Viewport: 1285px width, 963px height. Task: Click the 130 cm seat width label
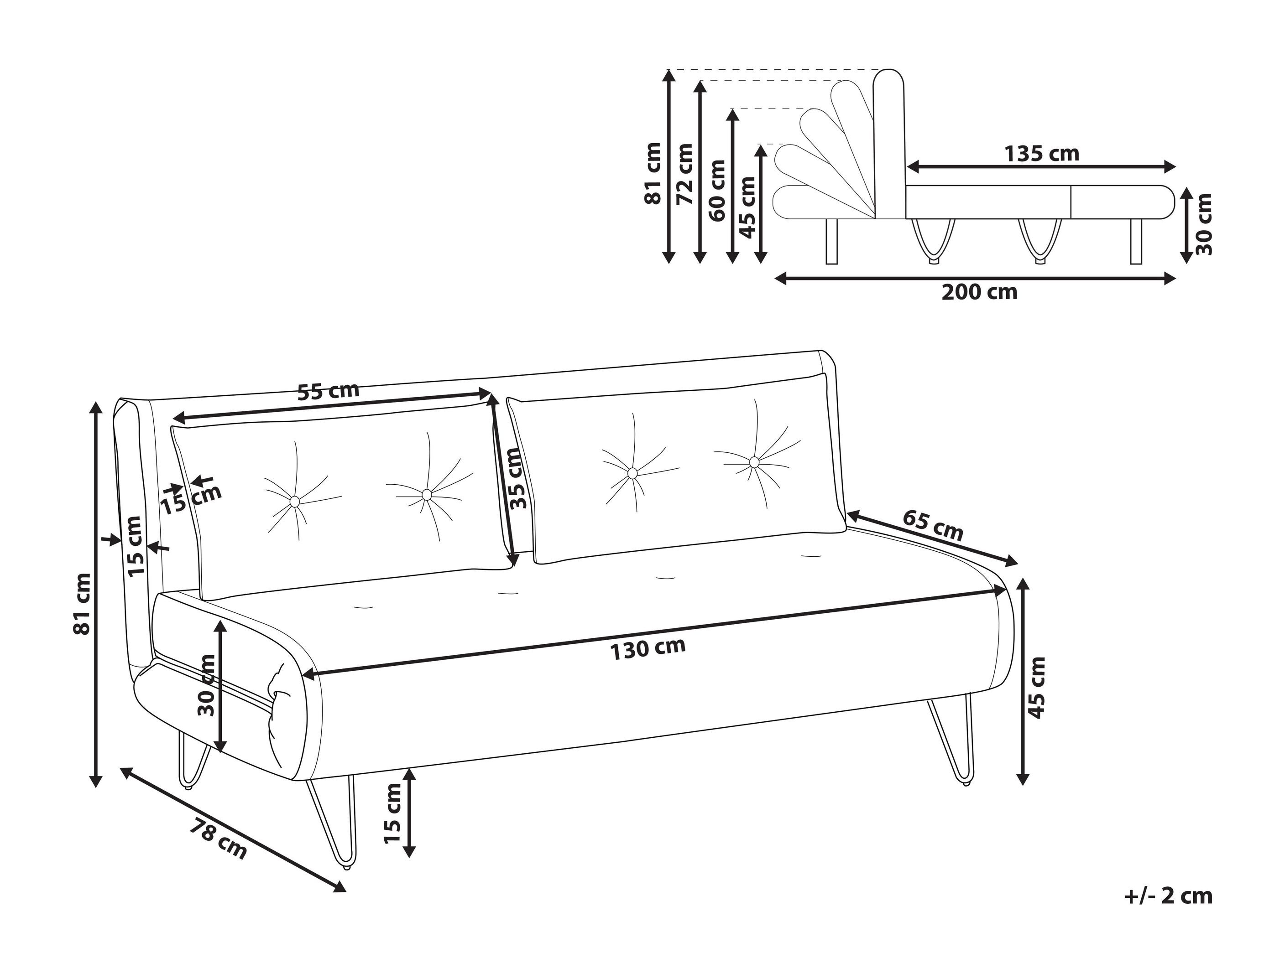pos(648,648)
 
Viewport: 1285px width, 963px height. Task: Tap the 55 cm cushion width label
pos(328,391)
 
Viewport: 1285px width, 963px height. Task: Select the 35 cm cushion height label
pos(517,478)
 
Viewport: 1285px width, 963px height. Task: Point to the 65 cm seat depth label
pos(932,525)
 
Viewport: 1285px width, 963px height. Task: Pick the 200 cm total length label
pos(979,292)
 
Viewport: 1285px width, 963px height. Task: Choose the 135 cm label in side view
pos(1042,154)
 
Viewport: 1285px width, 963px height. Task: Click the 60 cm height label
pos(718,189)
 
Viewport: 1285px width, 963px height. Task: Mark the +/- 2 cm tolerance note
pos(1168,896)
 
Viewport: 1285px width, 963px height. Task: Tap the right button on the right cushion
pos(753,462)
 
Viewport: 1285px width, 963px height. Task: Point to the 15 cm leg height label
pos(393,813)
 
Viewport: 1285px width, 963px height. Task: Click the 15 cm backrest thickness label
pos(135,546)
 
